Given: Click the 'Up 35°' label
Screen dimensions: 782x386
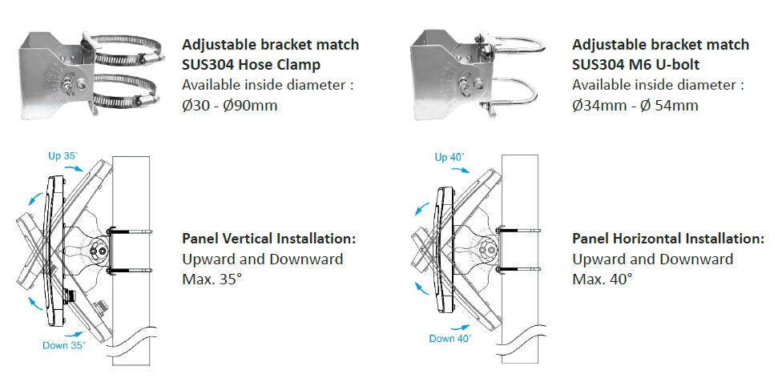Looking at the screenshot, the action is (x=62, y=155).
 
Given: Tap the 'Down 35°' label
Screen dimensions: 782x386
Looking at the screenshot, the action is (x=64, y=345).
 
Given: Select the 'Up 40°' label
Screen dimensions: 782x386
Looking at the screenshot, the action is (x=449, y=157).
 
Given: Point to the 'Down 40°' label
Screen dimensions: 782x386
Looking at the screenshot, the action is (x=450, y=338).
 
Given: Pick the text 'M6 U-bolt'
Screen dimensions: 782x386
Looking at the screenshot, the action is (x=667, y=64).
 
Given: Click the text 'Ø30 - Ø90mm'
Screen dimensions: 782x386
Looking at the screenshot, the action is (x=229, y=105).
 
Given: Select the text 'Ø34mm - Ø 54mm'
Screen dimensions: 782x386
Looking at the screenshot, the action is (x=635, y=105).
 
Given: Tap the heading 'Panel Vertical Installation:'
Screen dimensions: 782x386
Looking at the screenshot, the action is (x=269, y=239).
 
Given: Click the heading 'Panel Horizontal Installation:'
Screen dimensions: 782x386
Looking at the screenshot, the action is (x=667, y=239).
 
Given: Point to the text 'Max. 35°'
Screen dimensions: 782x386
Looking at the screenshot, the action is (x=212, y=279).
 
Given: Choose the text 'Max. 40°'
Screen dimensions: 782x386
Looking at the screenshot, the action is (x=602, y=279).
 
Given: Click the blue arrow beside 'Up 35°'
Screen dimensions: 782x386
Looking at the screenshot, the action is (x=75, y=169).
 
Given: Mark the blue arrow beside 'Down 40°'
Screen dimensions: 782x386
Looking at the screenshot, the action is (x=459, y=328).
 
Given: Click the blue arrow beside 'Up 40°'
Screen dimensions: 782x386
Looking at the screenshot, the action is (x=460, y=170).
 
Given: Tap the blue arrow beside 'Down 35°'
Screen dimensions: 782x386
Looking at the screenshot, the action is (x=74, y=334).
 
